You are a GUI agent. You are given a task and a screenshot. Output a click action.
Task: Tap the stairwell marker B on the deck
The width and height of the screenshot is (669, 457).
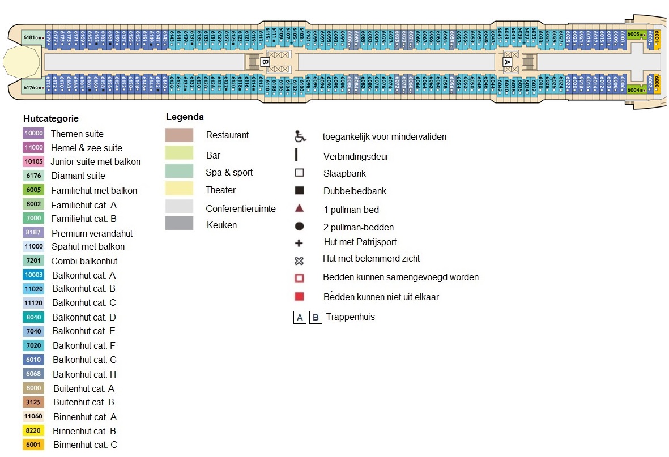tap(265, 62)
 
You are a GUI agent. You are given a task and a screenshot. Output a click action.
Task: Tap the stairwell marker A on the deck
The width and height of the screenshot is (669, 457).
tap(507, 62)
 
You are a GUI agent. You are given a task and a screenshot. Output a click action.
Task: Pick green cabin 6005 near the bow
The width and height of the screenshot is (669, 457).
tap(637, 35)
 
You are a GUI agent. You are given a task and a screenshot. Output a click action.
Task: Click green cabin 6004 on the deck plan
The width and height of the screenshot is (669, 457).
tap(637, 89)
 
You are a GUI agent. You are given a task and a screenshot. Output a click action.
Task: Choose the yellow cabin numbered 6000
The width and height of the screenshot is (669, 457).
tap(657, 84)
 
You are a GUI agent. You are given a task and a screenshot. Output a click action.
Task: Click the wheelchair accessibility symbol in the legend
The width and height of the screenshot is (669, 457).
tap(300, 136)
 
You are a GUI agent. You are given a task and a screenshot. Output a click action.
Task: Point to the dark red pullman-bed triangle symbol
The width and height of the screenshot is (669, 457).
tap(299, 208)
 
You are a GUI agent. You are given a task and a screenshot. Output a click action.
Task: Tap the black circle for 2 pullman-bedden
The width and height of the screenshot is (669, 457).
tap(299, 227)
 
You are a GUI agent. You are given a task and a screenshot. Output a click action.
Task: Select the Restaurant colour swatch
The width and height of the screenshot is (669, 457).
tap(179, 135)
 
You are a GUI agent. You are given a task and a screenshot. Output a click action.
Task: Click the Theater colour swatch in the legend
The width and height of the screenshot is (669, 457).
tap(179, 189)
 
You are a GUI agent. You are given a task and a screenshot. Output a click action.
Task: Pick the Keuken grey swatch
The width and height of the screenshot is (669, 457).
tap(179, 224)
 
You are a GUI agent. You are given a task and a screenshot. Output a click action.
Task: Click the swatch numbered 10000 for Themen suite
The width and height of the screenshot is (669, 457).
tap(33, 134)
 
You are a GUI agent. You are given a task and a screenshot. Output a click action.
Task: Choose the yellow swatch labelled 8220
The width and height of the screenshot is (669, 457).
tap(33, 431)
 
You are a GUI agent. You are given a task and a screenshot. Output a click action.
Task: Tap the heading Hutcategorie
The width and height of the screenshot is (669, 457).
tap(51, 119)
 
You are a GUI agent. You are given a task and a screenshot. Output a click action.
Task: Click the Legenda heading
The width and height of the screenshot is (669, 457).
tap(185, 117)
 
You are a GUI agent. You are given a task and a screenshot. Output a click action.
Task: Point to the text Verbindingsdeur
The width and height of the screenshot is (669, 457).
tap(356, 156)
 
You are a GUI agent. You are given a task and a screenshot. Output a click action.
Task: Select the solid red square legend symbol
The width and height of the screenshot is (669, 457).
tap(299, 296)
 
